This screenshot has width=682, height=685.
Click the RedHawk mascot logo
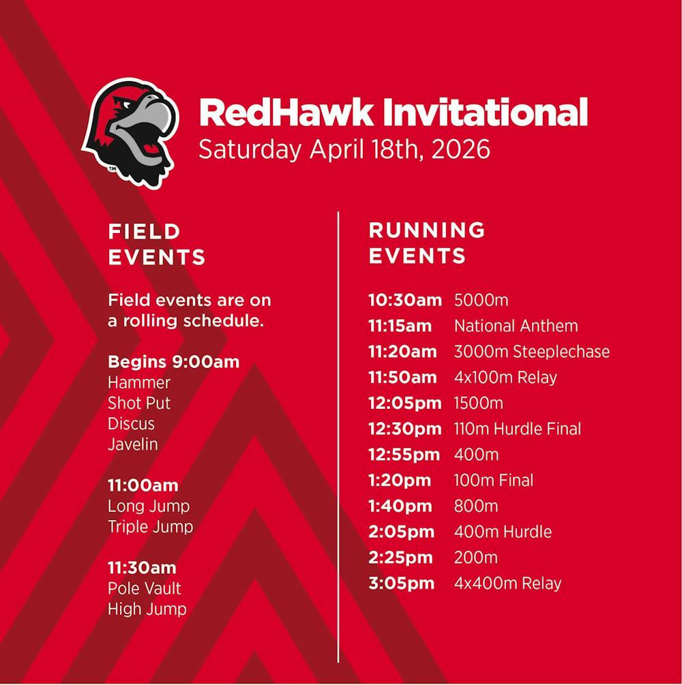(x=130, y=133)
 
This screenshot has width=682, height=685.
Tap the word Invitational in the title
(x=485, y=112)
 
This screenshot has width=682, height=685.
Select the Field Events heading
(x=157, y=244)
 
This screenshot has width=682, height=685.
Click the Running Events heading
(x=427, y=243)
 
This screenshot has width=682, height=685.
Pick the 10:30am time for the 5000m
(x=405, y=300)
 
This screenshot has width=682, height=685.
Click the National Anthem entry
(x=516, y=326)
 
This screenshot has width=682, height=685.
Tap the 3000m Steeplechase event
(x=531, y=352)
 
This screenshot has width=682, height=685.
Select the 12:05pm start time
(x=405, y=404)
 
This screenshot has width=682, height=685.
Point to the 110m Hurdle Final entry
(x=518, y=429)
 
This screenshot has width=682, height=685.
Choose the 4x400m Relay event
(x=507, y=583)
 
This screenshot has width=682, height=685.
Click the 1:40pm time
(x=400, y=506)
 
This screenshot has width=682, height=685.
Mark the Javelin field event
(x=133, y=444)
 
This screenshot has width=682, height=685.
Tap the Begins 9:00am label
(x=173, y=362)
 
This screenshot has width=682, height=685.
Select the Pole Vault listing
(x=145, y=588)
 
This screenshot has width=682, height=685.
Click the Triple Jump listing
(x=151, y=527)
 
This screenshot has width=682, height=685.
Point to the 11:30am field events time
(x=142, y=568)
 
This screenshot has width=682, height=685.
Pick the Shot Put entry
(x=139, y=404)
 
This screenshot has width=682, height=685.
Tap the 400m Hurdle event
(x=503, y=532)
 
